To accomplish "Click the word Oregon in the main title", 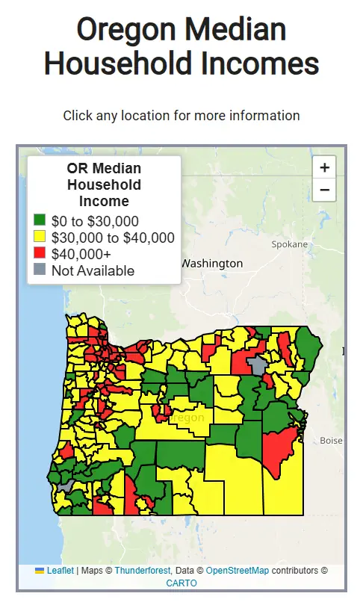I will pyautogui.click(x=123, y=30).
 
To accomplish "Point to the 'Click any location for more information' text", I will pyautogui.click(x=181, y=116).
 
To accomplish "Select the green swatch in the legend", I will pyautogui.click(x=40, y=221).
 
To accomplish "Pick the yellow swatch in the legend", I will pyautogui.click(x=40, y=238).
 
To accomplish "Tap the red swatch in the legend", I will pyautogui.click(x=40, y=254).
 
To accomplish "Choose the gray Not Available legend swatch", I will pyautogui.click(x=40, y=270).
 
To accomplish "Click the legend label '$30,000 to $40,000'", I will pyautogui.click(x=113, y=238).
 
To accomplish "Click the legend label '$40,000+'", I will pyautogui.click(x=81, y=254).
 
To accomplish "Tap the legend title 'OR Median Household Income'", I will pyautogui.click(x=104, y=184).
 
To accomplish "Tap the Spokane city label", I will pyautogui.click(x=289, y=244).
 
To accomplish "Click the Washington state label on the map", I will pyautogui.click(x=212, y=264).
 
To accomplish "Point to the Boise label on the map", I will pyautogui.click(x=331, y=441).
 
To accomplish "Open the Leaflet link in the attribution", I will pyautogui.click(x=60, y=571).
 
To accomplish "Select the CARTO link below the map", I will pyautogui.click(x=181, y=583).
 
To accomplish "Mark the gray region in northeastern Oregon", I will pyautogui.click(x=258, y=365).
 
